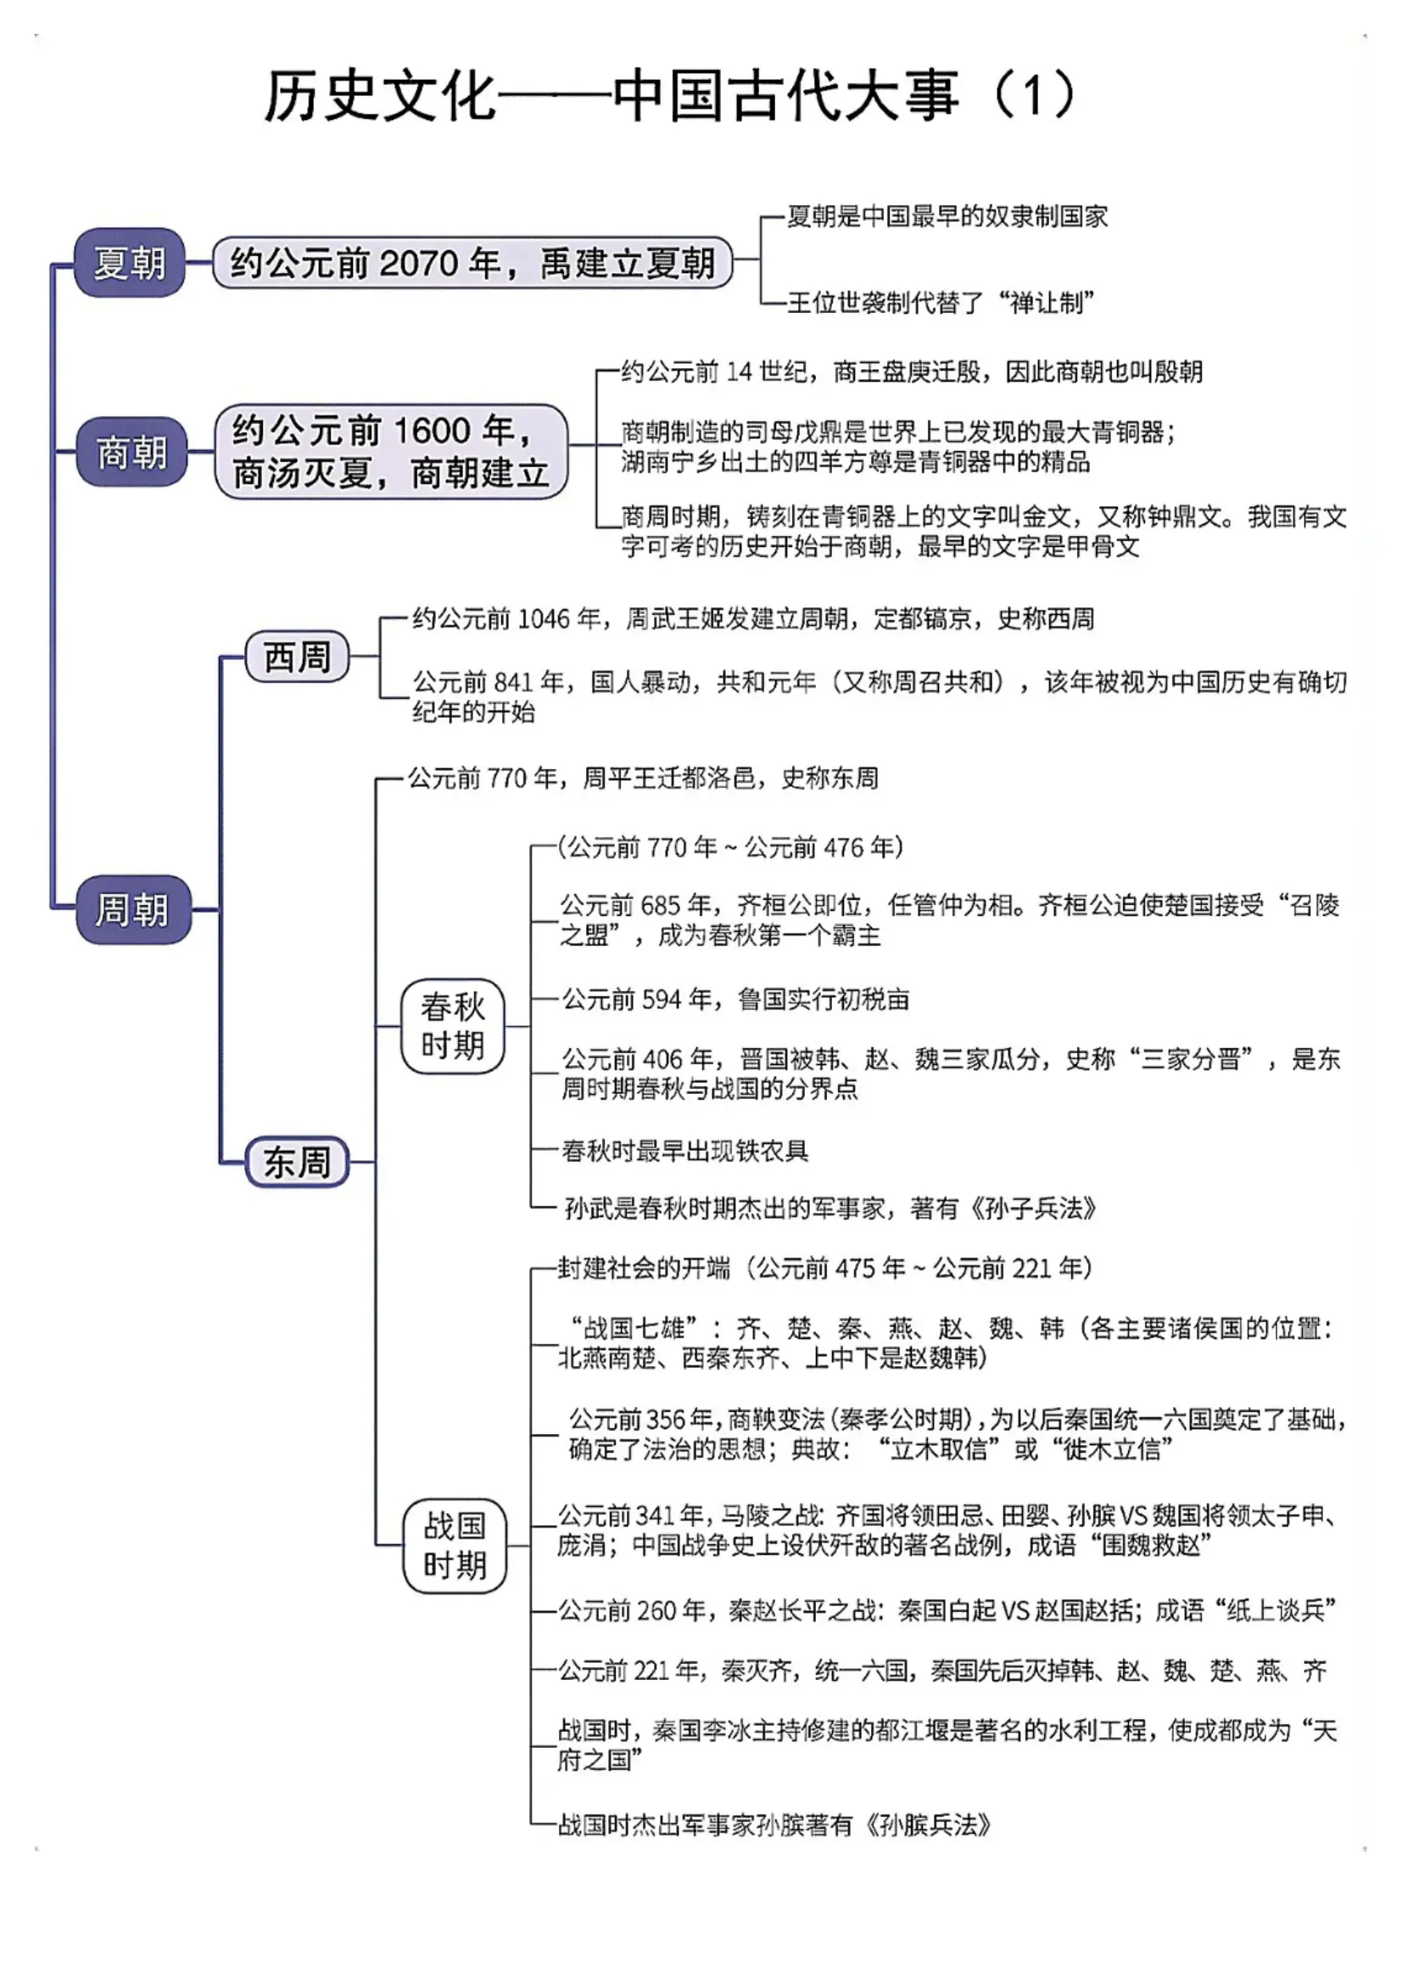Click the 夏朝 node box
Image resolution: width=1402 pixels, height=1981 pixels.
[130, 262]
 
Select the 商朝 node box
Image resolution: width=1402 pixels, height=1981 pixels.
[131, 451]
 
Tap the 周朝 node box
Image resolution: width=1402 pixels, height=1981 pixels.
[133, 909]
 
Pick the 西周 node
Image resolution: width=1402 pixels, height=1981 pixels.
[297, 657]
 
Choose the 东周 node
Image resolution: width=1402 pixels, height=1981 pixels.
[297, 1162]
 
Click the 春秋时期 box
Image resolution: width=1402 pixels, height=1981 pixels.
[452, 1026]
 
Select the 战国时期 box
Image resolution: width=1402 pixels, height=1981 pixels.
[454, 1545]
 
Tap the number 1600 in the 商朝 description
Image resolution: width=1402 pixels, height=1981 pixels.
[432, 430]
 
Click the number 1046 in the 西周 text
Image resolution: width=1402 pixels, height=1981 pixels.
[543, 619]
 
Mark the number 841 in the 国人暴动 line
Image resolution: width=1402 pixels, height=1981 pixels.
[514, 683]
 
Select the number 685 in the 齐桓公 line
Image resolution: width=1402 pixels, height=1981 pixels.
[662, 906]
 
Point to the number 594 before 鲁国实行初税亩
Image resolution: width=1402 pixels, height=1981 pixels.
[662, 1000]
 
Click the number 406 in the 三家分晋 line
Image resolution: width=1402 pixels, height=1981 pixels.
[663, 1059]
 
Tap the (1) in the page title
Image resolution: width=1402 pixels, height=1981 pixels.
[1034, 94]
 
